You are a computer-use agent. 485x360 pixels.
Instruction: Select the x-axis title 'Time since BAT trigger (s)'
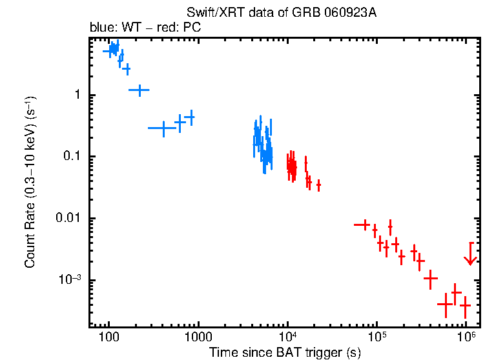(x=285, y=352)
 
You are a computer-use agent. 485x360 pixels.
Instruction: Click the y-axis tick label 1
(x=76, y=95)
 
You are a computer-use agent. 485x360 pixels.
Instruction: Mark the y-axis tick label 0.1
(x=71, y=157)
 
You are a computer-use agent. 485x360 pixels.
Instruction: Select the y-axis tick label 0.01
(x=68, y=219)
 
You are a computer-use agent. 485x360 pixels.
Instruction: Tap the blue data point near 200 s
(x=139, y=90)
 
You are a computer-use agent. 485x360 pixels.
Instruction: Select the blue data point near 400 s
(x=164, y=128)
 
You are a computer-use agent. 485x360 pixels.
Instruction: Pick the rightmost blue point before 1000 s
(x=190, y=117)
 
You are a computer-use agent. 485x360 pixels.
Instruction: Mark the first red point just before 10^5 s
(x=366, y=225)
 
